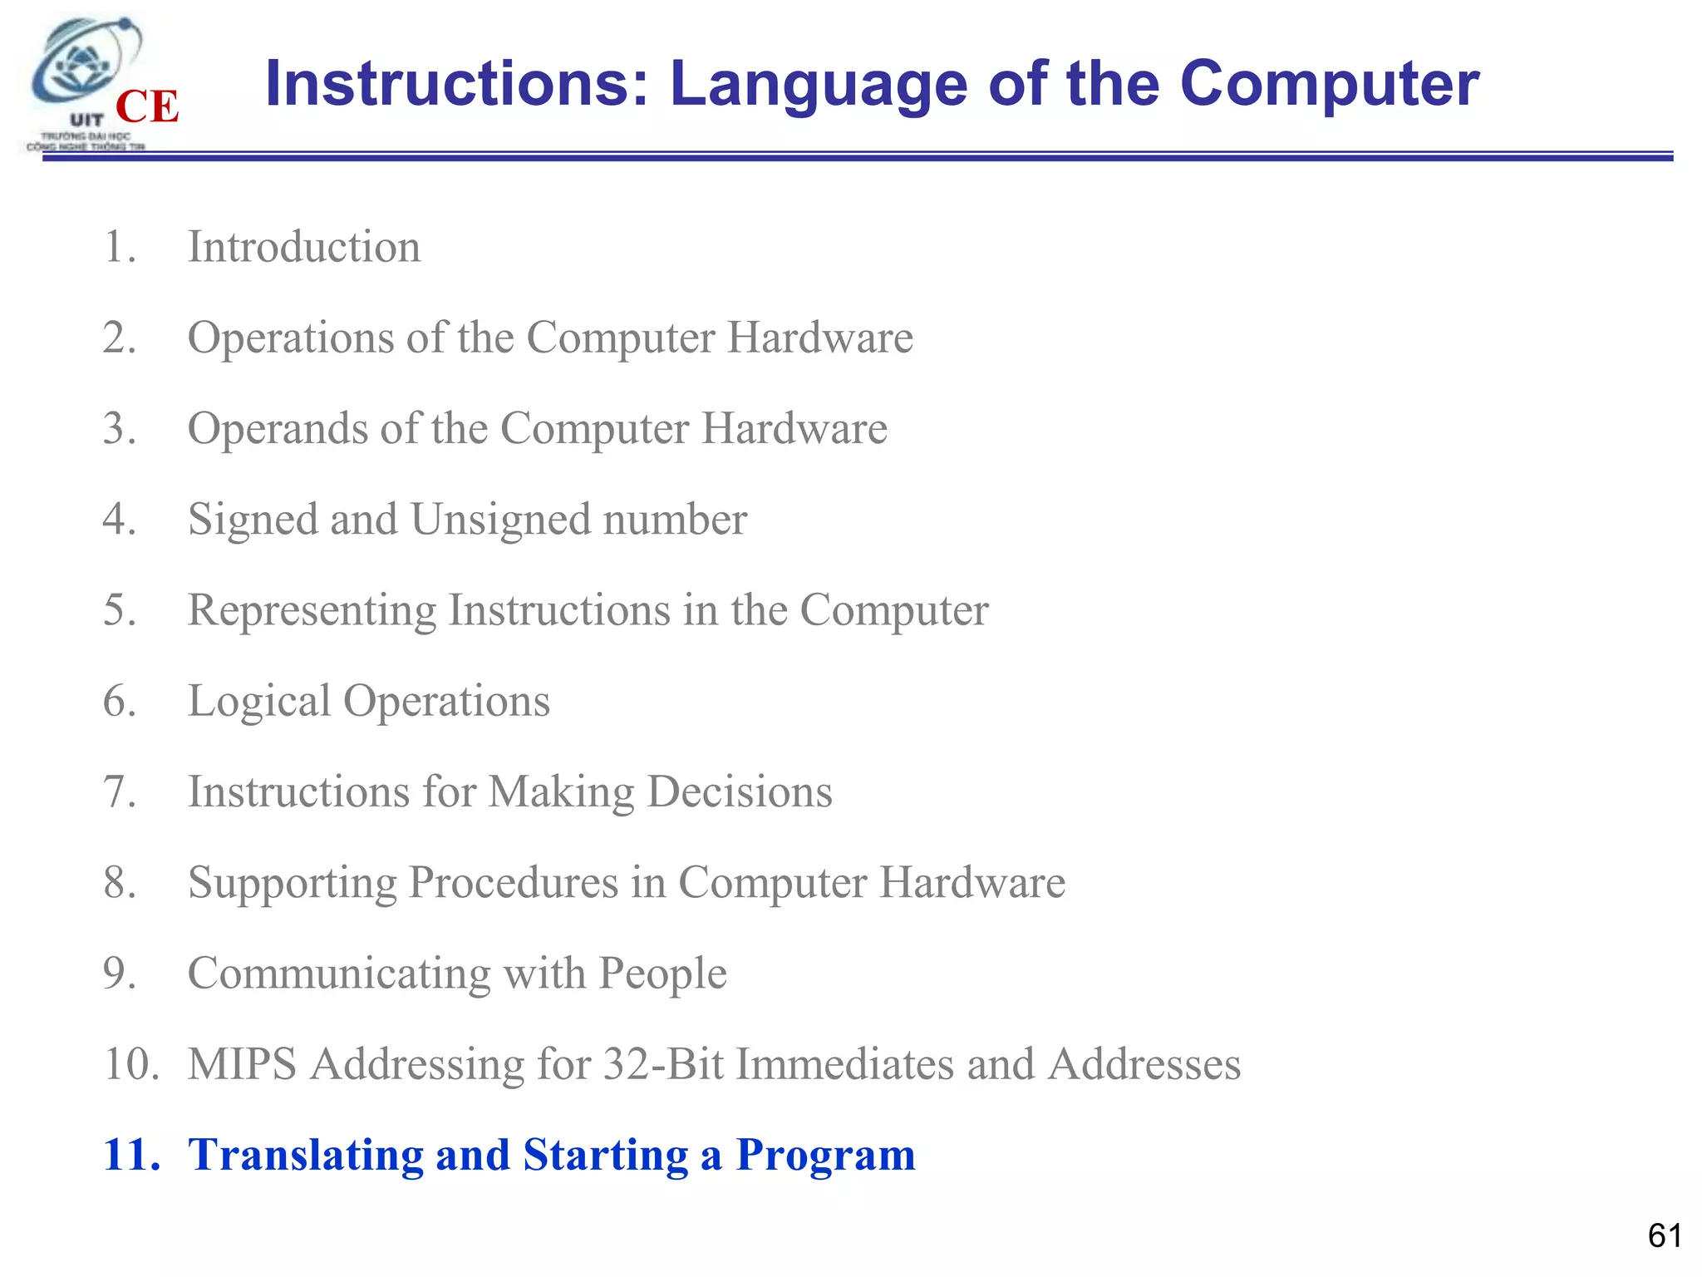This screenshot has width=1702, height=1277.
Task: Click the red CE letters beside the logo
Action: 147,106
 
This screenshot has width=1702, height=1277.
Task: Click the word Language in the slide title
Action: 819,84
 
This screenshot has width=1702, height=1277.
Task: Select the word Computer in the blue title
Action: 1329,84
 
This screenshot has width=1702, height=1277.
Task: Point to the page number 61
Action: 1665,1235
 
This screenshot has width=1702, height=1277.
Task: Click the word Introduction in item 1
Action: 304,247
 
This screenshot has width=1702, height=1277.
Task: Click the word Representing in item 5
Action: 312,609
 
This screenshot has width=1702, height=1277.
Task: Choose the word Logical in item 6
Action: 258,700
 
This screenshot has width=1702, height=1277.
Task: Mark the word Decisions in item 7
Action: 740,791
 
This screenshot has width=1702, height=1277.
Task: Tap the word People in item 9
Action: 662,973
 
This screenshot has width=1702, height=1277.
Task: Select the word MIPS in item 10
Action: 242,1063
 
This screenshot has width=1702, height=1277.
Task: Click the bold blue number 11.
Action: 131,1154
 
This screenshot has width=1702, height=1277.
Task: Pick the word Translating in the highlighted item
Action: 305,1154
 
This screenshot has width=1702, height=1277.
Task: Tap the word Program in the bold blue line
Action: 825,1154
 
